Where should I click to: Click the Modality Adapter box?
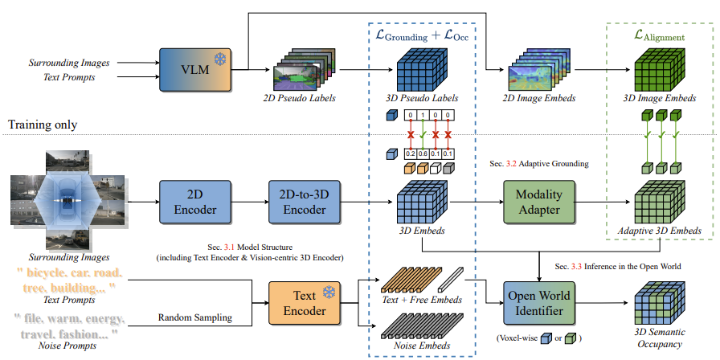[x=538, y=204]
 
